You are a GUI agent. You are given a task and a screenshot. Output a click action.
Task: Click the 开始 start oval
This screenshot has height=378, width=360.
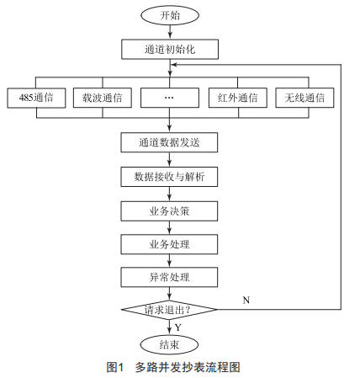(x=170, y=15)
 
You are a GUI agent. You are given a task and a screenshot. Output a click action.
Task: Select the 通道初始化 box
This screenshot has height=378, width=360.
(x=170, y=50)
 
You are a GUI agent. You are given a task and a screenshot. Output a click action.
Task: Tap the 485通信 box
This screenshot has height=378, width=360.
(x=36, y=98)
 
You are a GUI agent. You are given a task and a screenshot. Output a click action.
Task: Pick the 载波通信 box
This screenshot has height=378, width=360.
(x=103, y=98)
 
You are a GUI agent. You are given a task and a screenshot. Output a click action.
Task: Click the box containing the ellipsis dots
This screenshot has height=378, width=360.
(x=170, y=98)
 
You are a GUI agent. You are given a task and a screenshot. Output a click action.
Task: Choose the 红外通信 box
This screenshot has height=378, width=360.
(x=238, y=98)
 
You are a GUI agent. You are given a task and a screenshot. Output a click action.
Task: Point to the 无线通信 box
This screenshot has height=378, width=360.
(x=304, y=98)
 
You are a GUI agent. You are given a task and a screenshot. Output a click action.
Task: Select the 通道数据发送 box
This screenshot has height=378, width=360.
(x=169, y=142)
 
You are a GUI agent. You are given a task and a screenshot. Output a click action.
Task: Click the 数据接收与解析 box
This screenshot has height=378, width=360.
(x=169, y=177)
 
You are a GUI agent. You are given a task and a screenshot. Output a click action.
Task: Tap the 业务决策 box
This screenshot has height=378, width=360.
(x=169, y=211)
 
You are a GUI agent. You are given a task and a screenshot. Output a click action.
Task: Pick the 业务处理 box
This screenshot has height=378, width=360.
(x=169, y=244)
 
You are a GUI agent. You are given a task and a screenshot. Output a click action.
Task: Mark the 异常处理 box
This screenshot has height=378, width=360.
(x=169, y=277)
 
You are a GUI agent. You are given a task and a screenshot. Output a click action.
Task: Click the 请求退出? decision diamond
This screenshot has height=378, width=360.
(x=169, y=310)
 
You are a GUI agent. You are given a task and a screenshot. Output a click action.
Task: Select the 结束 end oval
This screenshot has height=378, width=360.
(x=169, y=344)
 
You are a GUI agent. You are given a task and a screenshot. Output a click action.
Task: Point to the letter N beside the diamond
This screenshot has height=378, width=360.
(x=246, y=301)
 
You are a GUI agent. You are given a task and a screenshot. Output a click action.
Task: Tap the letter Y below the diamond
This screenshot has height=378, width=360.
(x=178, y=327)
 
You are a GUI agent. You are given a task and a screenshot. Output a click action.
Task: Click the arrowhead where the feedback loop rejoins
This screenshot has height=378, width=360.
(x=174, y=65)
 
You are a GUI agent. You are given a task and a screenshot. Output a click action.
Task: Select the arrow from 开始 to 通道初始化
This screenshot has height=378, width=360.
(x=170, y=32)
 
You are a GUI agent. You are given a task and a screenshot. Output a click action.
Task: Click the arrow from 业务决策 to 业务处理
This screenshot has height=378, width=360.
(x=169, y=228)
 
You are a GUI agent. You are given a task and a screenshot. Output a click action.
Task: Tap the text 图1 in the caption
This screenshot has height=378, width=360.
(x=115, y=367)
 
